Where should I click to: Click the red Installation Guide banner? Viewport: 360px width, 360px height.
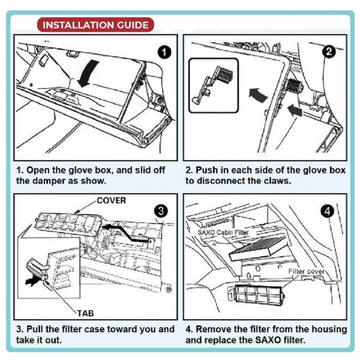95,25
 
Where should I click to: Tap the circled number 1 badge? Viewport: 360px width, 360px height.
164,52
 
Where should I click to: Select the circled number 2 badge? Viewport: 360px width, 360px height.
329,52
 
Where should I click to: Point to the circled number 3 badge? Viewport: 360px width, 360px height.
161,211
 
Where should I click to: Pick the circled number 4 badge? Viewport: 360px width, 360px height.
328,211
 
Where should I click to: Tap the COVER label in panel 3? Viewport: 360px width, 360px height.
112,200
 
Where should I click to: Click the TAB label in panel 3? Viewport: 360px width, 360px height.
85,313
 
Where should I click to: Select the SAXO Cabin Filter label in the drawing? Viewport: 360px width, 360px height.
223,233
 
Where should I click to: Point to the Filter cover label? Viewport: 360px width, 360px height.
307,271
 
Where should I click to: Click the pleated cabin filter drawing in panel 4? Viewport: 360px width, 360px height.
258,248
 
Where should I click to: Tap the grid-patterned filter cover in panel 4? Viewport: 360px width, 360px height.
256,294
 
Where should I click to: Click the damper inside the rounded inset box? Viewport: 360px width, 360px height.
212,85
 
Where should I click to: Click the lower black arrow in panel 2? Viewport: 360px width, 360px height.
295,110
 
